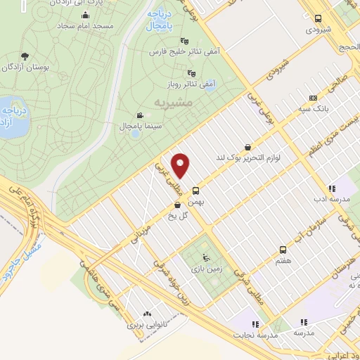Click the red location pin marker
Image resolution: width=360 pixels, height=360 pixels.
click(x=181, y=166)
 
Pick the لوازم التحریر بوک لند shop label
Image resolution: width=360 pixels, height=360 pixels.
click(x=248, y=157)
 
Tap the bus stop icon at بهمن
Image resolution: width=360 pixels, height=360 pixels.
click(x=195, y=190)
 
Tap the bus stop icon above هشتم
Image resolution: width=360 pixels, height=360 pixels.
click(x=283, y=250)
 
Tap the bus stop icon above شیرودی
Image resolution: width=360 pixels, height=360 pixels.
click(x=318, y=19)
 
